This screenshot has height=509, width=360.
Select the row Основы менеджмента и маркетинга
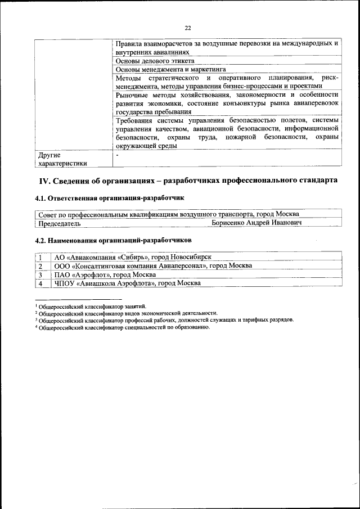[x=167, y=69]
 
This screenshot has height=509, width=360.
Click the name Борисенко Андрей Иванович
[x=256, y=223]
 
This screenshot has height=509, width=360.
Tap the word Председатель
[x=59, y=223]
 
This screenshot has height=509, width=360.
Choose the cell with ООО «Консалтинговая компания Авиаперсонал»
[x=152, y=265]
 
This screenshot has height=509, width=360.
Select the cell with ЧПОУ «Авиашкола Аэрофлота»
[x=127, y=283]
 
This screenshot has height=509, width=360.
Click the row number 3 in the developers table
[x=40, y=274]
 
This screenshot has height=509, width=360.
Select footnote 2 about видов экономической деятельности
[x=127, y=313]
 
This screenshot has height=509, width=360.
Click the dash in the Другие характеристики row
[x=117, y=154]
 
